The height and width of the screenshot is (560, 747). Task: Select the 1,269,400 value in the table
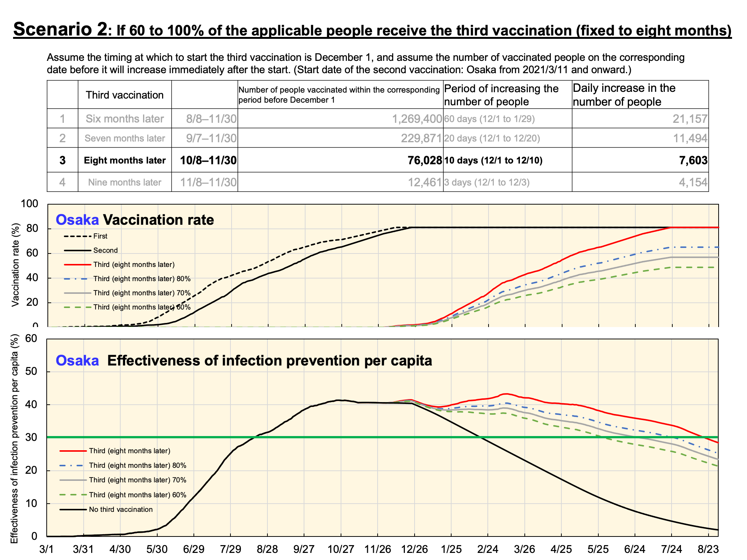pyautogui.click(x=417, y=119)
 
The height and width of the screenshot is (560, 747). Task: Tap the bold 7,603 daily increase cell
pyautogui.click(x=693, y=161)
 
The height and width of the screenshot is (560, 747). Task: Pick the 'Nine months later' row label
pyautogui.click(x=125, y=183)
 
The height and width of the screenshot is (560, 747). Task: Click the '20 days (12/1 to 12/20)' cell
pyautogui.click(x=492, y=139)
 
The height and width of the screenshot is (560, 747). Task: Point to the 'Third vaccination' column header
pyautogui.click(x=125, y=95)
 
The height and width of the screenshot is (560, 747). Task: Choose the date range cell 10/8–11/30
pyautogui.click(x=208, y=161)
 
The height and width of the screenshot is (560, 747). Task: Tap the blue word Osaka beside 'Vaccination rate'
pyautogui.click(x=77, y=220)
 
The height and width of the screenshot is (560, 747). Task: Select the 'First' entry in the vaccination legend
pyautogui.click(x=100, y=236)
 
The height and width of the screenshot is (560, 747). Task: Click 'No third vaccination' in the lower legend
pyautogui.click(x=121, y=510)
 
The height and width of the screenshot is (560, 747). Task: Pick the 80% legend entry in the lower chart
pyautogui.click(x=137, y=466)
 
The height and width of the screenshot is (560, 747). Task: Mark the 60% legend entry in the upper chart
pyautogui.click(x=142, y=307)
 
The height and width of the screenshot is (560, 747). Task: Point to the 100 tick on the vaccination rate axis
pyautogui.click(x=30, y=204)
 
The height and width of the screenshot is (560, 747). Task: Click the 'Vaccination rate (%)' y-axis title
pyautogui.click(x=15, y=265)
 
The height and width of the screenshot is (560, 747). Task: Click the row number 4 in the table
pyautogui.click(x=62, y=183)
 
